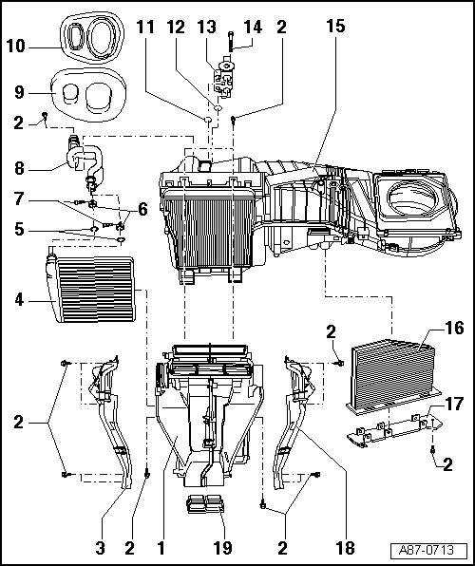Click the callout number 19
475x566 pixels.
click(222, 547)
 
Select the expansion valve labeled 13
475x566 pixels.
click(226, 77)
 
